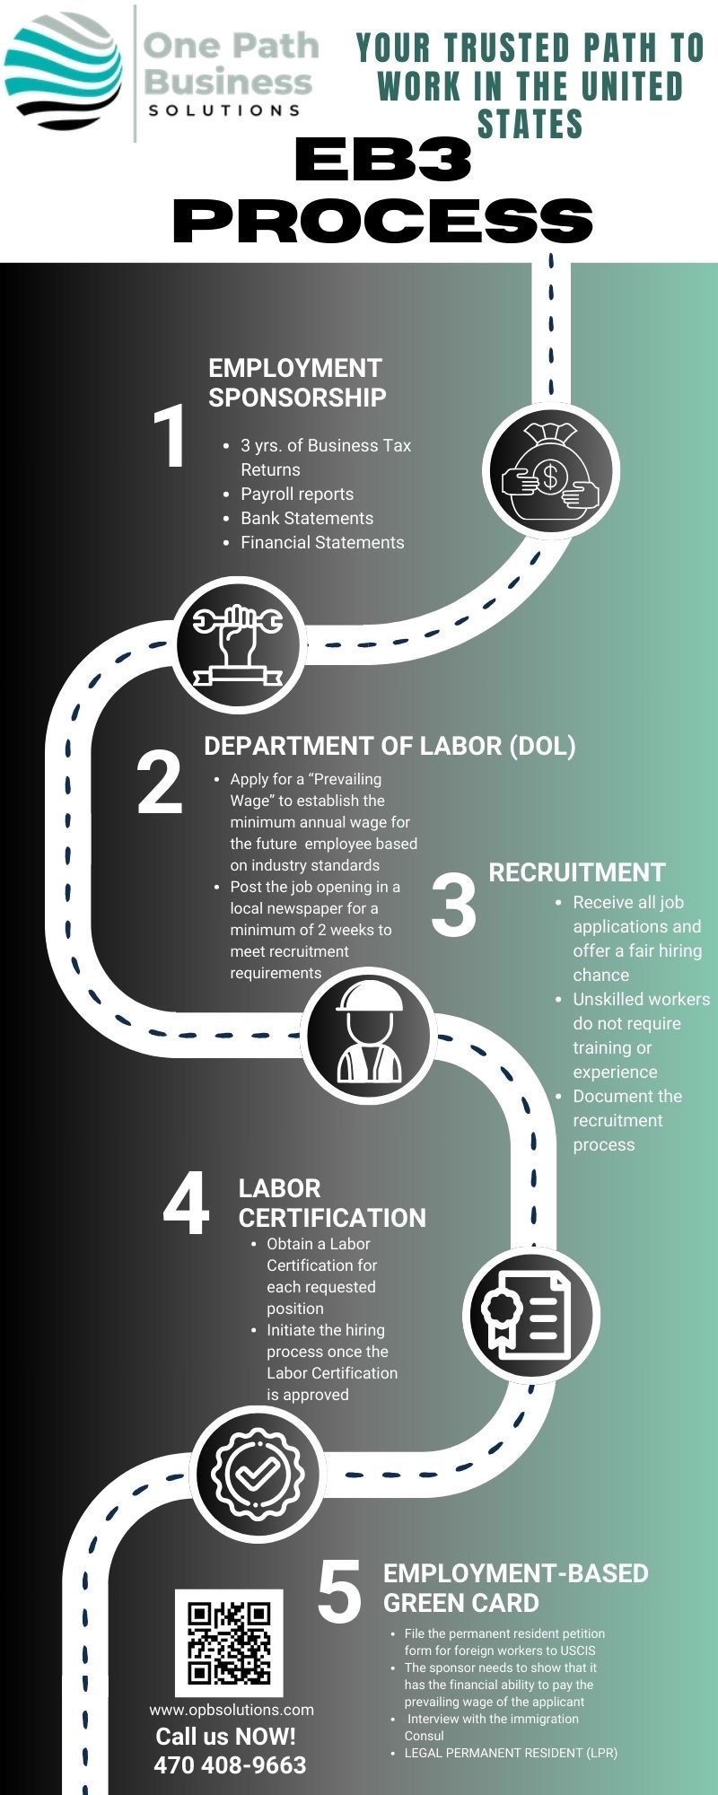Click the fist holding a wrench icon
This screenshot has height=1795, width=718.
tap(239, 644)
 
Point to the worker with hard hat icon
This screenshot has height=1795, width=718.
tap(368, 1035)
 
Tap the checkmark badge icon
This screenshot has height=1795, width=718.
tap(258, 1473)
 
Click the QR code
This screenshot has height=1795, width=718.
tap(229, 1642)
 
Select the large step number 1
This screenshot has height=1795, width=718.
tap(170, 437)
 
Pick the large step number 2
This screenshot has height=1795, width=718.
tap(160, 784)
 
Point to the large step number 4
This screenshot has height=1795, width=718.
tap(187, 1204)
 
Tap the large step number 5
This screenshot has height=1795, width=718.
tap(340, 1592)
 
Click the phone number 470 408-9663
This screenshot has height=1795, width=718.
tap(230, 1765)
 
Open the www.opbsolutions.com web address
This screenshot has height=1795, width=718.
tap(232, 1710)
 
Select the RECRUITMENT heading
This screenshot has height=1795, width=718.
tap(577, 872)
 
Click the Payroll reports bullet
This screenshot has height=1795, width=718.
tap(297, 494)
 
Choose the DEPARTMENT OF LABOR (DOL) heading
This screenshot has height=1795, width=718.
tap(390, 746)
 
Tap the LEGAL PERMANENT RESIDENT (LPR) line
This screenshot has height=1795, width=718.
tap(511, 1752)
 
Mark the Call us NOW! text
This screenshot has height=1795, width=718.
tap(226, 1737)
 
